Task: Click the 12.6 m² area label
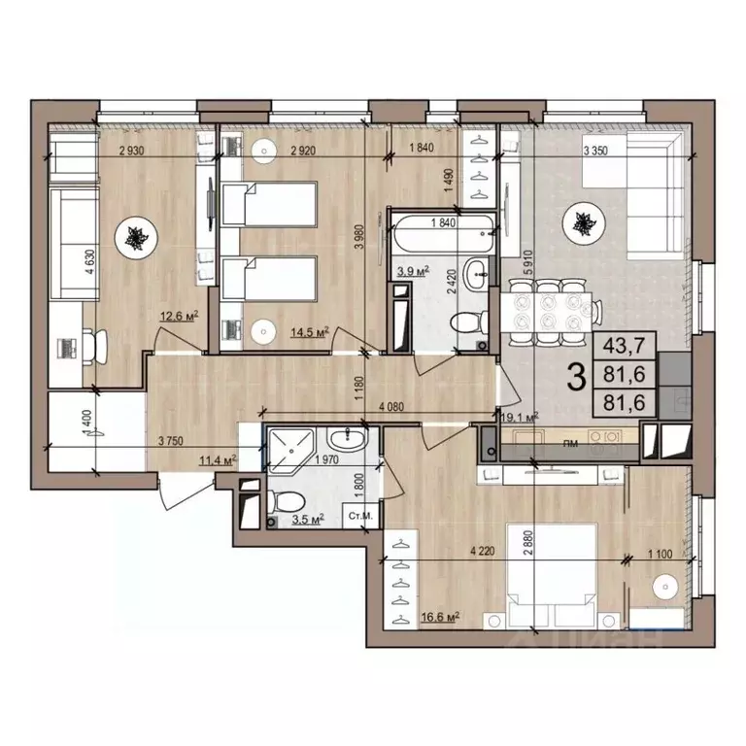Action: click(x=180, y=315)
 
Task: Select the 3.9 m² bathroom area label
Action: click(x=410, y=271)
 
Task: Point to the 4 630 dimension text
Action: click(x=88, y=264)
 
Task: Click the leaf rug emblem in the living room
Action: click(x=583, y=222)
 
